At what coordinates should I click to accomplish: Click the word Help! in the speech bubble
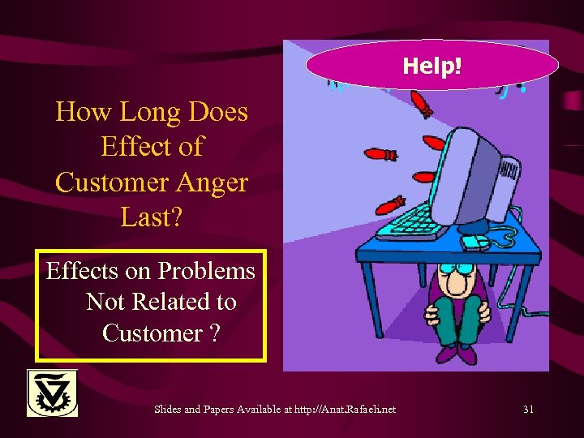432,65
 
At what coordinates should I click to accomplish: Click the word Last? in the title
152,217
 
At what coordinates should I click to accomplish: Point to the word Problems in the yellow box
205,270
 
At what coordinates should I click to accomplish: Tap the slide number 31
528,410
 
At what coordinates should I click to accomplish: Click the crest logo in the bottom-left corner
52,393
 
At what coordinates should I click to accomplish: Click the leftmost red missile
379,153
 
